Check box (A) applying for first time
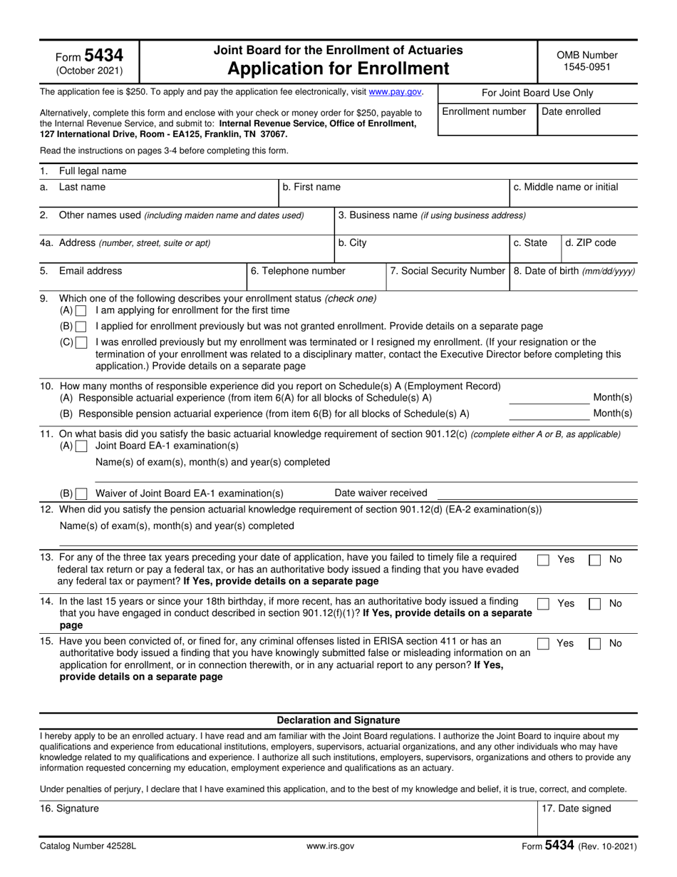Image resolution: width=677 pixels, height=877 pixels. coord(81,311)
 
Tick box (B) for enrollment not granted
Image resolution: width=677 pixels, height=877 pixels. coord(81,327)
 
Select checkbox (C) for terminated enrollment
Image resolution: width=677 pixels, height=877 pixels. coord(81,342)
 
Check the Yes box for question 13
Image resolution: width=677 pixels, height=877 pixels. coord(543,560)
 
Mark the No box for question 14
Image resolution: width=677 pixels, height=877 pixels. coord(594,604)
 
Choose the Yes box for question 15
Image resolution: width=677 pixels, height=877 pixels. coord(543,644)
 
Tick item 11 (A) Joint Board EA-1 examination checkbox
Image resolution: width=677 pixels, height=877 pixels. coord(81,446)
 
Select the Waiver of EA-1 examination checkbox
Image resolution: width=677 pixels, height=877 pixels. coord(81,493)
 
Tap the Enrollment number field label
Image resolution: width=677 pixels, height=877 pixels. coord(485,111)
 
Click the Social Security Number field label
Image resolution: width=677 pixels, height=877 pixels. coord(448,271)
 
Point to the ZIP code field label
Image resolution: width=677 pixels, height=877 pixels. coord(590,243)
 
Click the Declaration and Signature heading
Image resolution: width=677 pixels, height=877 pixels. coord(338,720)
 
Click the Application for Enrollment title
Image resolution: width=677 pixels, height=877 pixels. coord(338,68)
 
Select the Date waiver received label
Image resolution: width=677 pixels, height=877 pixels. coord(381,493)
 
